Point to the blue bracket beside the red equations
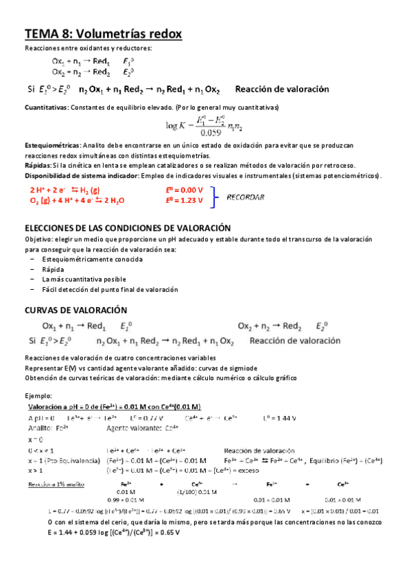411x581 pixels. coord(220,195)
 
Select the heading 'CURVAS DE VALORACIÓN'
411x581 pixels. coord(75,310)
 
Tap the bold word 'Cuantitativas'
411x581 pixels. coord(45,108)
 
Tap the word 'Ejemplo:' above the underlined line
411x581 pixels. coord(38,395)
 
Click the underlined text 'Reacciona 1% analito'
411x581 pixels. coord(56,483)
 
